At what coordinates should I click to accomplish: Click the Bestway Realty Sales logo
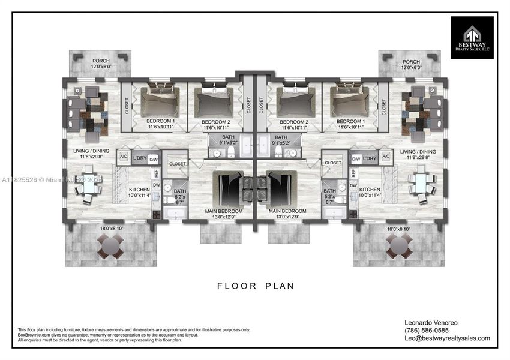click(472, 37)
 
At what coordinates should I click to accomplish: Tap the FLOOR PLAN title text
click(256, 286)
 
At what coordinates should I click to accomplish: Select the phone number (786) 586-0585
click(427, 330)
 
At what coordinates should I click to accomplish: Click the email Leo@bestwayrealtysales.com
click(448, 338)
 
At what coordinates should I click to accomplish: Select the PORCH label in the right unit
click(411, 62)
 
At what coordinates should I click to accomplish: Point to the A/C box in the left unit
click(124, 158)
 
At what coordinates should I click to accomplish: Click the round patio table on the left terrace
click(110, 245)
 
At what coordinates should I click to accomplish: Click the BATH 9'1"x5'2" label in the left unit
click(229, 140)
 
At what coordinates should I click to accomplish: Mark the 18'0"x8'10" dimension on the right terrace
click(398, 229)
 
